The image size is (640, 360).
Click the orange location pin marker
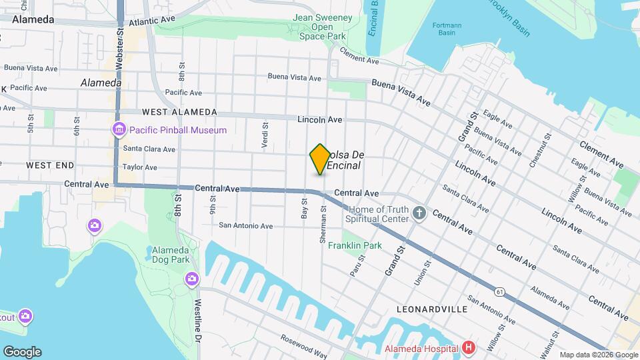(x=320, y=159)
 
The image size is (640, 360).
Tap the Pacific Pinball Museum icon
(x=119, y=129)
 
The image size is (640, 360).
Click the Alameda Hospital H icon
(x=469, y=347)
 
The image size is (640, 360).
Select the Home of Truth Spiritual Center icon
(x=419, y=213)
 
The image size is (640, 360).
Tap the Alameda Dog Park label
(x=171, y=255)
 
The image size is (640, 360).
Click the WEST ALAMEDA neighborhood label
(x=179, y=112)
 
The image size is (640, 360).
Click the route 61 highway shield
(x=499, y=291)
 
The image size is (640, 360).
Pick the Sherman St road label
(x=323, y=223)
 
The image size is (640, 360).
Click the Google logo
(x=22, y=351)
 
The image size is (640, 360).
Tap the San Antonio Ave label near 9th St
(x=246, y=226)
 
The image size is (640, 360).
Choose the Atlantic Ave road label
(x=152, y=21)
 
